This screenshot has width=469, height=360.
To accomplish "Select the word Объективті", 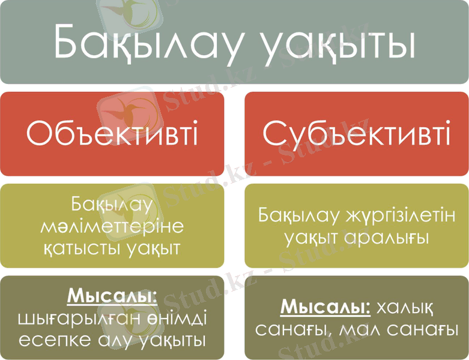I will tap(112, 134).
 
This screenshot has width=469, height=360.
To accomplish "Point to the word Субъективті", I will tap(357, 134).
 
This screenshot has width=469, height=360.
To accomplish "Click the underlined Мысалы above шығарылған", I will tap(112, 296).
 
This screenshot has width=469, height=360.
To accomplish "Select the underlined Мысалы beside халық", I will tap(324, 307).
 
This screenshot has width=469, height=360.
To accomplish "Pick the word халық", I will tap(404, 308).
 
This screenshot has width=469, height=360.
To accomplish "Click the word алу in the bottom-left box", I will tap(117, 340).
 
